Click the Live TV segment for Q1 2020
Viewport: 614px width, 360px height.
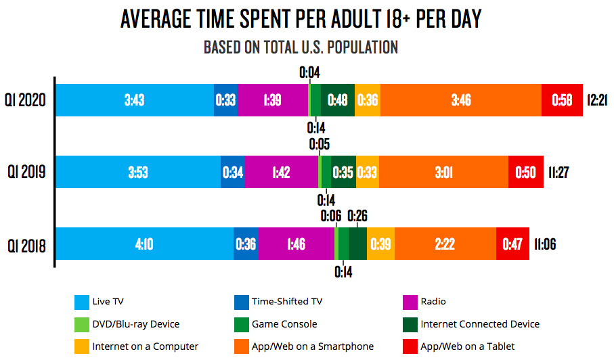click(x=134, y=100)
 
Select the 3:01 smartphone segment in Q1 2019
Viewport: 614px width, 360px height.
click(x=443, y=172)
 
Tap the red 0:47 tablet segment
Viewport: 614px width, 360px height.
click(x=512, y=244)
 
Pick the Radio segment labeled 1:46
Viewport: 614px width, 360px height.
click(x=296, y=244)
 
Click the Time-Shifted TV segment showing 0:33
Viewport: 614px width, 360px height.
click(x=225, y=100)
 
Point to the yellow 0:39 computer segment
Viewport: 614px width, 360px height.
click(x=380, y=244)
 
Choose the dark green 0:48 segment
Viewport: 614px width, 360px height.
click(x=337, y=100)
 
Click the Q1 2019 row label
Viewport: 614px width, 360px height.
click(x=25, y=172)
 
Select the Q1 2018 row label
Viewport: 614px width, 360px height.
click(x=25, y=244)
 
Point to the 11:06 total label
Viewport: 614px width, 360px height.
click(x=544, y=244)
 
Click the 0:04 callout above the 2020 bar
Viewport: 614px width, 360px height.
click(x=309, y=72)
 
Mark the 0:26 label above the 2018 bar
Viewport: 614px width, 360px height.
click(x=358, y=216)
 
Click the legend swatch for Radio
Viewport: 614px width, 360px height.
click(x=410, y=302)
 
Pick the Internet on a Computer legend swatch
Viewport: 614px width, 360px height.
click(x=82, y=346)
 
